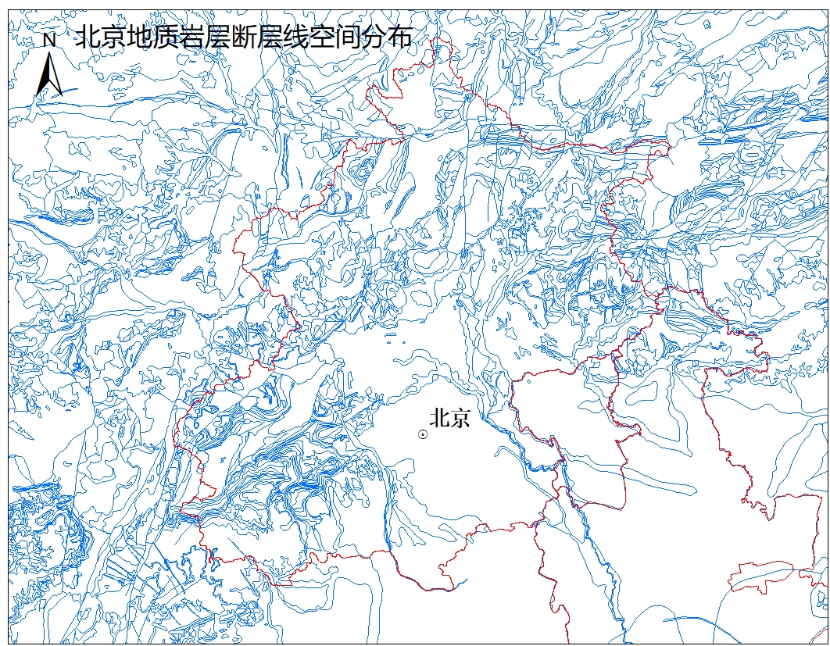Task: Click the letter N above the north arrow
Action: pos(49,39)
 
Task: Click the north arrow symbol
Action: pos(49,74)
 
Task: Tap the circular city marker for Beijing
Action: pos(423,434)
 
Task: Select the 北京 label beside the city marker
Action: pos(450,418)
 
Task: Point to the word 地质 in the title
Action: pos(152,37)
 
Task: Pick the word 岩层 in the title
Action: pos(205,37)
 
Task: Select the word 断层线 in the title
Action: pos(270,37)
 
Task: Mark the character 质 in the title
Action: pos(166,37)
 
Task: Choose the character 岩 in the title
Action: pos(191,37)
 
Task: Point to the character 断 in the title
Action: pos(244,37)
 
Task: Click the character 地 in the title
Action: pos(139,37)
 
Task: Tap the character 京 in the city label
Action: pos(460,418)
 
